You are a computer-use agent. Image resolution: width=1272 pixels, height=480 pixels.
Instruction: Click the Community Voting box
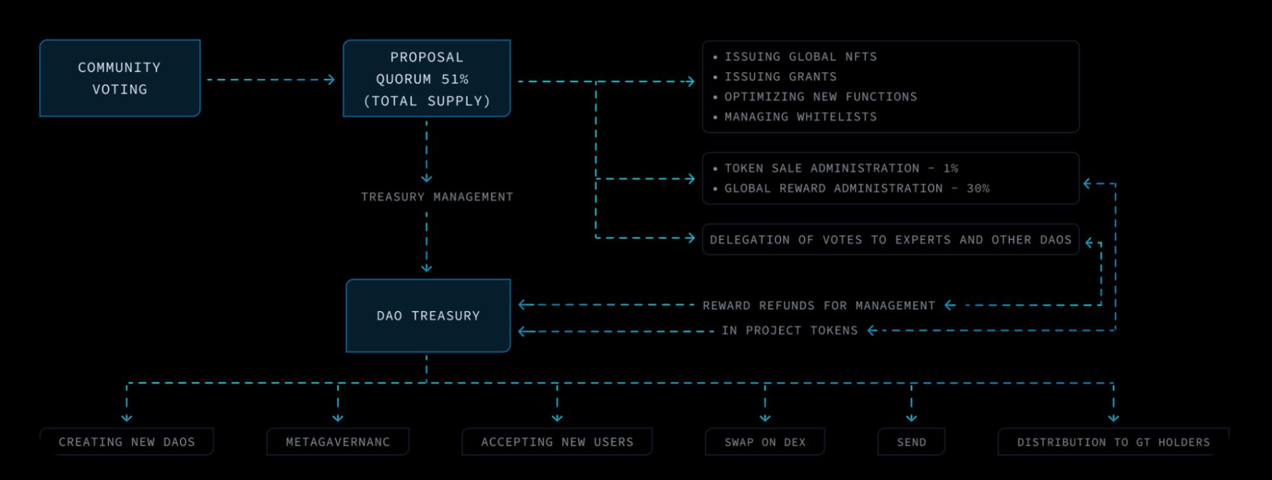coord(120,78)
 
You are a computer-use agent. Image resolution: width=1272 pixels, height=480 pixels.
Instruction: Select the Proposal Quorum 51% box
coord(426,78)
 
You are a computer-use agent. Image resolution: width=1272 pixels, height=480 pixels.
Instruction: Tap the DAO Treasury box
coord(428,316)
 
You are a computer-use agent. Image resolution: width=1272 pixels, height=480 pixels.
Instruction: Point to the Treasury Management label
coord(437,197)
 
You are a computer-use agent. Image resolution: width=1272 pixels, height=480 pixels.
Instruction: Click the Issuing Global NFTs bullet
coord(800,57)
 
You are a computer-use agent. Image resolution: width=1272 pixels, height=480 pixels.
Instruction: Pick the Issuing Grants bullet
coord(780,77)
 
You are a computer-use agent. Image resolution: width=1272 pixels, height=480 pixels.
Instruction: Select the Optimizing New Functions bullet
coord(820,97)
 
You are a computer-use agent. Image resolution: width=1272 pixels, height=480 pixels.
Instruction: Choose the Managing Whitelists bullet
coord(800,117)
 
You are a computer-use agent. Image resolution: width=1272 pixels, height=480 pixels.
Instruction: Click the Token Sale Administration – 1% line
coord(841,169)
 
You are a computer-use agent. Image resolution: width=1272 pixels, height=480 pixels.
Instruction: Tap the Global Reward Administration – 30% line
coord(856,188)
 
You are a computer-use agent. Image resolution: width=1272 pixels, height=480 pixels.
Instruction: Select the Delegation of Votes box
coord(890,240)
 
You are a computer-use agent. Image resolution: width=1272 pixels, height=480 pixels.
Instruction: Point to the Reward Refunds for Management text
coord(818,306)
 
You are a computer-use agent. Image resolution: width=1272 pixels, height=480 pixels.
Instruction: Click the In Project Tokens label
coord(789,330)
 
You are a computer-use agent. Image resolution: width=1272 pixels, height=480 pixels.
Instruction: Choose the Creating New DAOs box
coord(127,442)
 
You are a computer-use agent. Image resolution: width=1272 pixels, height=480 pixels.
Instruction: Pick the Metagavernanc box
coord(337,442)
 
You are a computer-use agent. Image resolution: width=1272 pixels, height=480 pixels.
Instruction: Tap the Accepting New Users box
coord(557,442)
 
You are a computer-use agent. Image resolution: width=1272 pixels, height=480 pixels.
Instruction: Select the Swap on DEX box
coord(765,442)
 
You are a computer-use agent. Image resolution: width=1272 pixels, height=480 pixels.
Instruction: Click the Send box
coord(911,442)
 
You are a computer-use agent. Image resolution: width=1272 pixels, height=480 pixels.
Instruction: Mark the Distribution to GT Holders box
coord(1113,442)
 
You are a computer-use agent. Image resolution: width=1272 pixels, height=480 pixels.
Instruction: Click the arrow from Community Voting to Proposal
coord(270,80)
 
